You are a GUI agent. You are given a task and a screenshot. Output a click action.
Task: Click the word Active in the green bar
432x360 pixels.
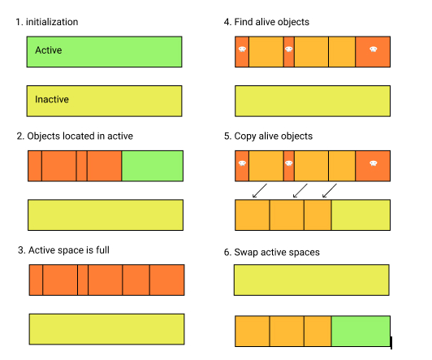(49, 50)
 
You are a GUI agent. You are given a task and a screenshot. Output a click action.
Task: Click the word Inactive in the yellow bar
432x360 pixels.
(52, 99)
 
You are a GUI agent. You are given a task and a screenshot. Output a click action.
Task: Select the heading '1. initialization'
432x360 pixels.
(47, 22)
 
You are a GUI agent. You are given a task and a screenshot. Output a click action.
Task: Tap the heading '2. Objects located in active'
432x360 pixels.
(75, 137)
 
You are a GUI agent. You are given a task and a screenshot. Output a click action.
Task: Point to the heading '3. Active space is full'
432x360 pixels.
(63, 250)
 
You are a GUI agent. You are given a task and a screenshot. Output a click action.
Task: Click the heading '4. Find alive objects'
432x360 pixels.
(266, 22)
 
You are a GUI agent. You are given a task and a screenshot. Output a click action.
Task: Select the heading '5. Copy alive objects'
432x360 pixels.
(268, 137)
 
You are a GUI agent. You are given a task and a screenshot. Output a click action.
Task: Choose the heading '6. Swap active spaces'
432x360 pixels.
(272, 252)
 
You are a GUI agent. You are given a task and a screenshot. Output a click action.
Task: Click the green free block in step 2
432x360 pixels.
(153, 166)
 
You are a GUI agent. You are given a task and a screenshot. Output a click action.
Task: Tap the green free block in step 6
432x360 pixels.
(361, 331)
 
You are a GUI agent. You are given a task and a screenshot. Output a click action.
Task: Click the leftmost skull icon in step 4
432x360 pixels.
(242, 50)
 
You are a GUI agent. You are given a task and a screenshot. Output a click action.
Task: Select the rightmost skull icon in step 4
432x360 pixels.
(374, 50)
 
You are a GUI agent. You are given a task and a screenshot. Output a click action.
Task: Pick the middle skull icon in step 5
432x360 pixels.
(289, 163)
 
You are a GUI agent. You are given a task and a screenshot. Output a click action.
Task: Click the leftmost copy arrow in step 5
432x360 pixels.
(260, 191)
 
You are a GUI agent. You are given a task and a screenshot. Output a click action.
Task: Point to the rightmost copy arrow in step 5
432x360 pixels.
(330, 191)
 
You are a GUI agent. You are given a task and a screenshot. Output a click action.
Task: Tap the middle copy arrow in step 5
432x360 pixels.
(300, 191)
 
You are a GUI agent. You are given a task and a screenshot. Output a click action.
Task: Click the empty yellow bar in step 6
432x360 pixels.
(312, 280)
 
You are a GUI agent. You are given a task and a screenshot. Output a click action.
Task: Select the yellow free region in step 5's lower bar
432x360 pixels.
(361, 215)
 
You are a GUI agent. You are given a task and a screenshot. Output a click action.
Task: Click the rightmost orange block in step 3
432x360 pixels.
(167, 280)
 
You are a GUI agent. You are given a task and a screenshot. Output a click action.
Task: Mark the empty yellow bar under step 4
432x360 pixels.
(313, 101)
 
